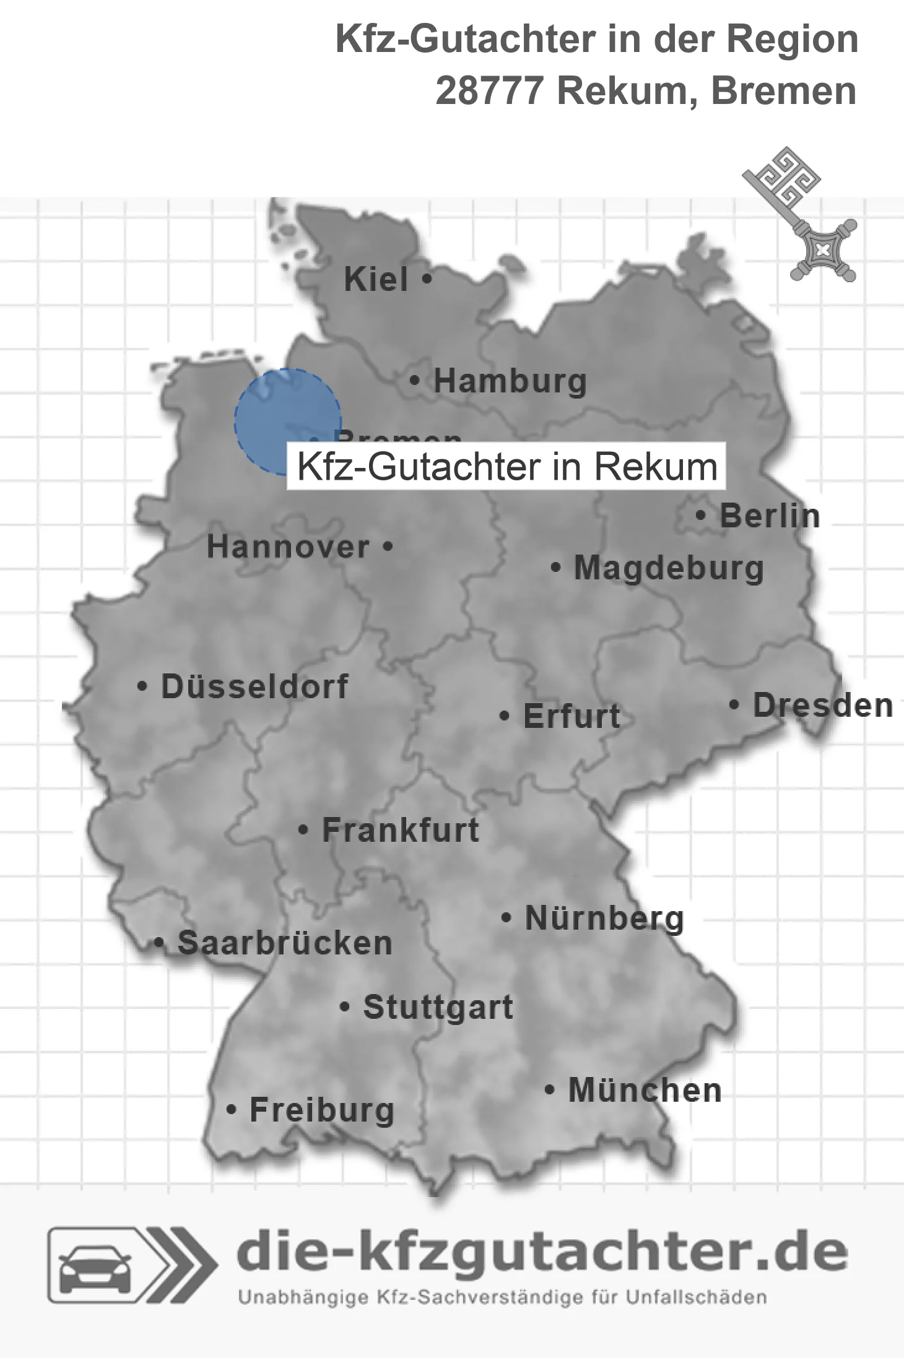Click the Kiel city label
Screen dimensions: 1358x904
pyautogui.click(x=376, y=280)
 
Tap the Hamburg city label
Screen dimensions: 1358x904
pyautogui.click(x=510, y=381)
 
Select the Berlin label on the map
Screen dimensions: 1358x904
pyautogui.click(x=770, y=516)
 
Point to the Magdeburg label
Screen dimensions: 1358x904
pyautogui.click(x=669, y=568)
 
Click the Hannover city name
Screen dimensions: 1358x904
pyautogui.click(x=288, y=547)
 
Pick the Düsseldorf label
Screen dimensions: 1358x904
pyautogui.click(x=254, y=687)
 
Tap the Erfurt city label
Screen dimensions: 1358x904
pyautogui.click(x=572, y=717)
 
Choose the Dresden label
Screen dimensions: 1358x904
pyautogui.click(x=823, y=706)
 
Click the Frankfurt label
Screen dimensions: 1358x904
pyautogui.click(x=401, y=830)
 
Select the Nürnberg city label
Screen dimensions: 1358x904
pyautogui.click(x=604, y=919)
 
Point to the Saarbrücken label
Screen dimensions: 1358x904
pyautogui.click(x=285, y=944)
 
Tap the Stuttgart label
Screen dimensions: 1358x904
pyautogui.click(x=438, y=1008)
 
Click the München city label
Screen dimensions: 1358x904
pyautogui.click(x=645, y=1091)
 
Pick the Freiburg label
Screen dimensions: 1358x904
pyautogui.click(x=321, y=1110)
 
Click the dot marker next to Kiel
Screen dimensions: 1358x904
pyautogui.click(x=426, y=279)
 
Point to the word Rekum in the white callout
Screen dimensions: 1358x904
pyautogui.click(x=656, y=467)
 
